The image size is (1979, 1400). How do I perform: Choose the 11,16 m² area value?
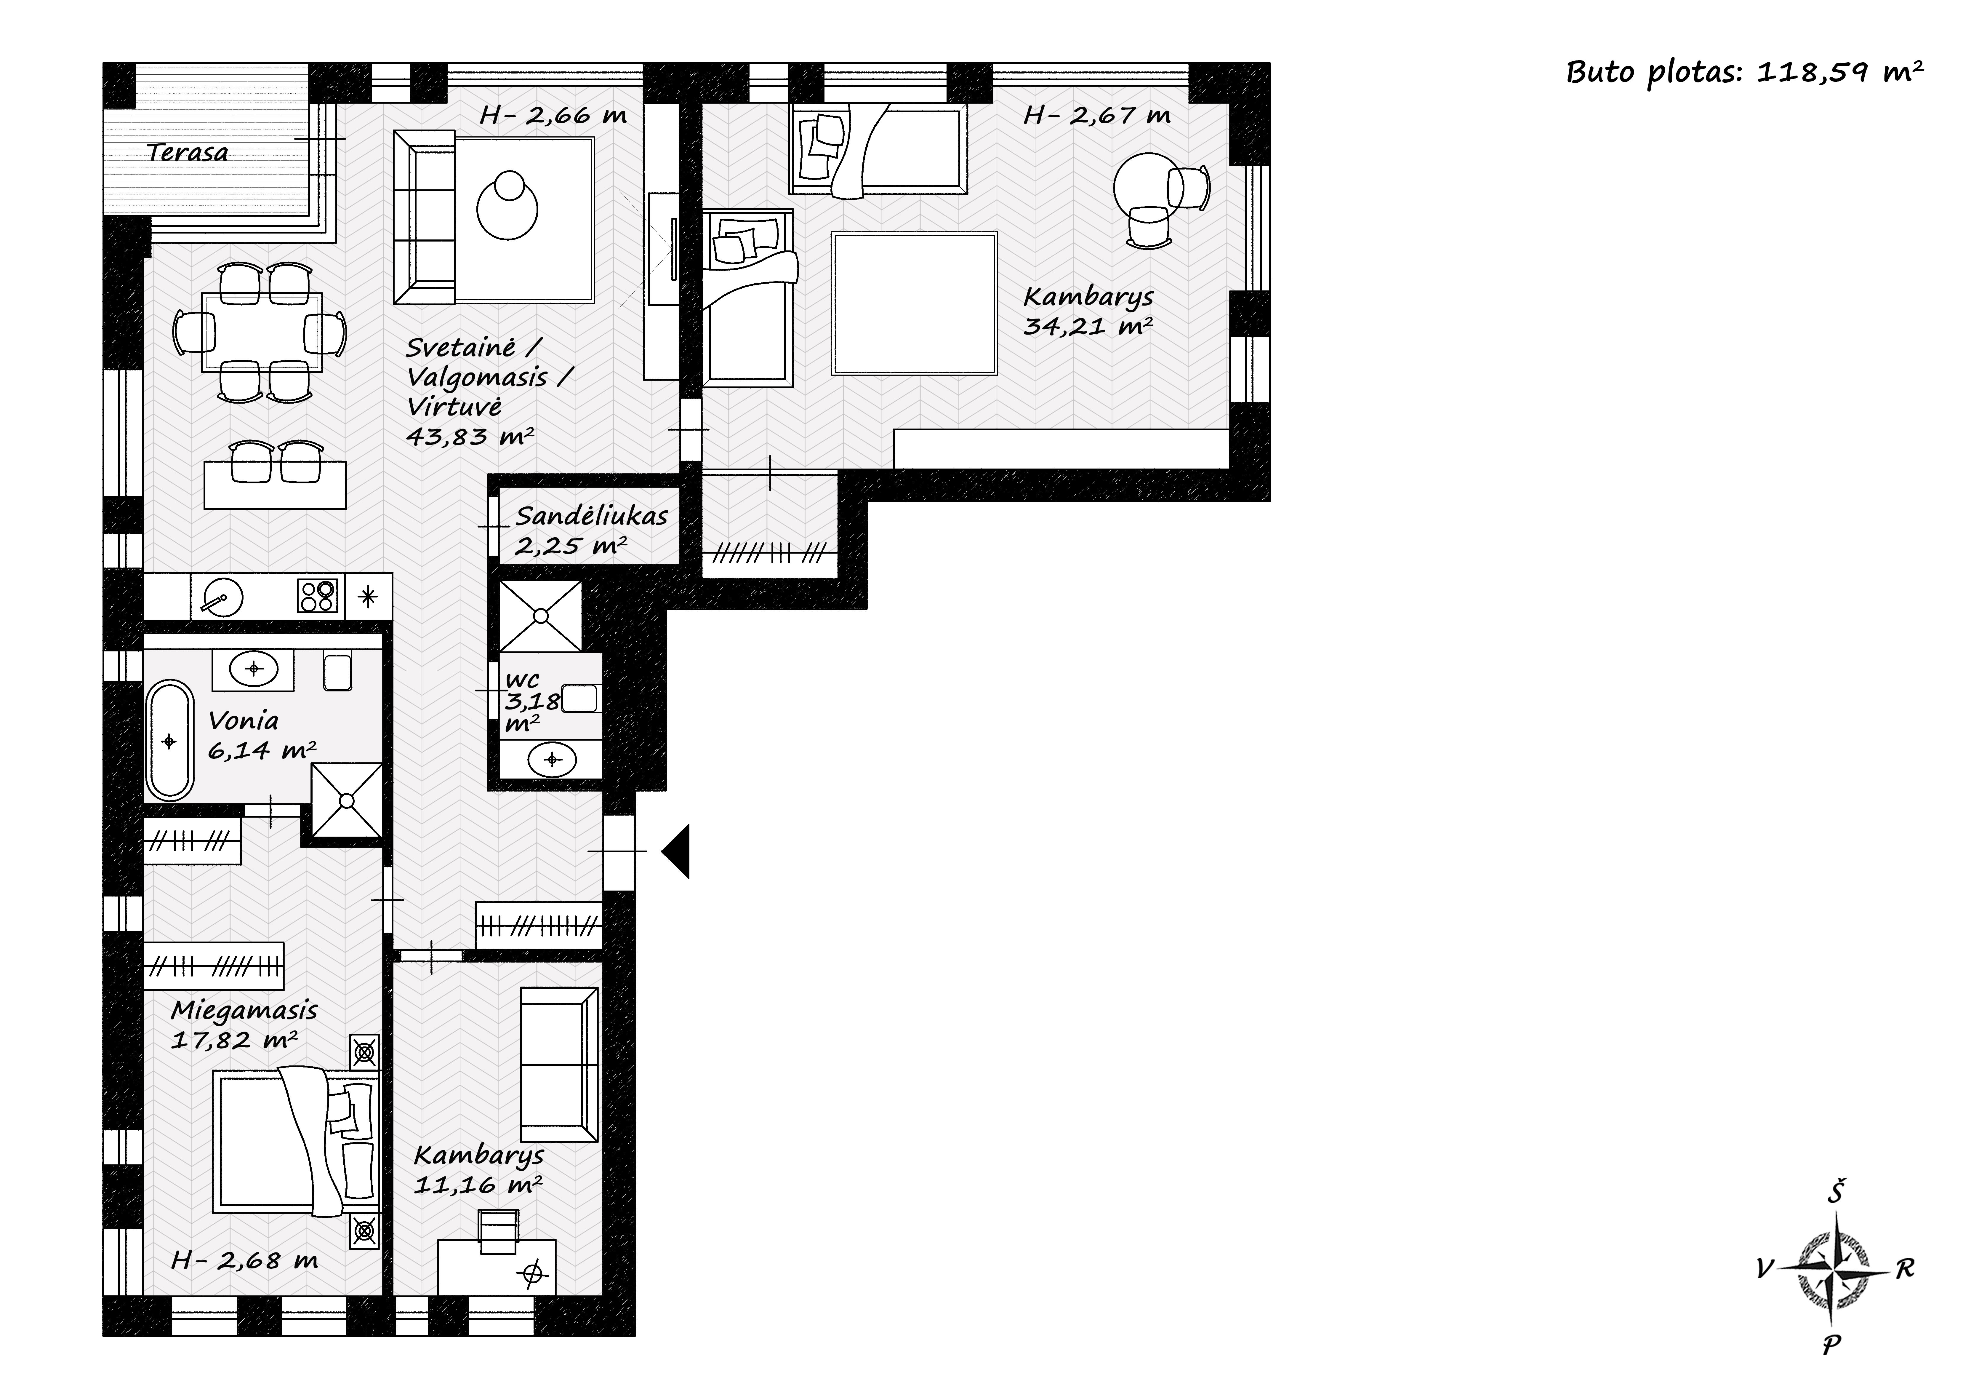pyautogui.click(x=478, y=1185)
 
